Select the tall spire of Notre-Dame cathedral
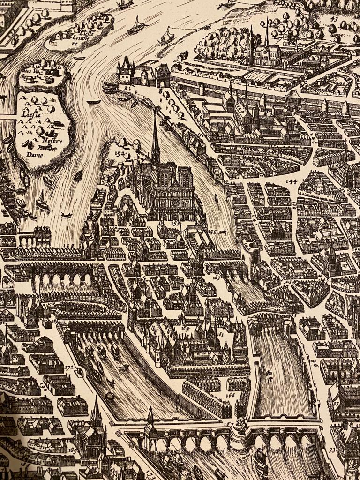(155, 136)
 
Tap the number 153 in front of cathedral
(175, 224)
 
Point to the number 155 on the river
(213, 232)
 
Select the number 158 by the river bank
(68, 245)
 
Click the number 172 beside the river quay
(69, 368)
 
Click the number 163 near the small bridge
(216, 277)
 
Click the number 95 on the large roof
(336, 403)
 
